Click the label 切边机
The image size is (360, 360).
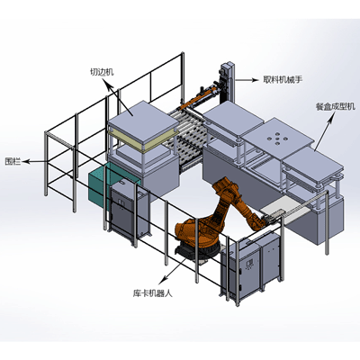tap(102, 72)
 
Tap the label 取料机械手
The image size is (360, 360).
tap(283, 79)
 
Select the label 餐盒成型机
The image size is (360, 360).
tap(335, 106)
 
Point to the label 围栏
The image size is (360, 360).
tap(13, 161)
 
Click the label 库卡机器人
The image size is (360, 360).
tap(152, 293)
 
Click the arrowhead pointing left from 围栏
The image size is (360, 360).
tap(25, 161)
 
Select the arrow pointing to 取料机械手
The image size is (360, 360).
tap(247, 80)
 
